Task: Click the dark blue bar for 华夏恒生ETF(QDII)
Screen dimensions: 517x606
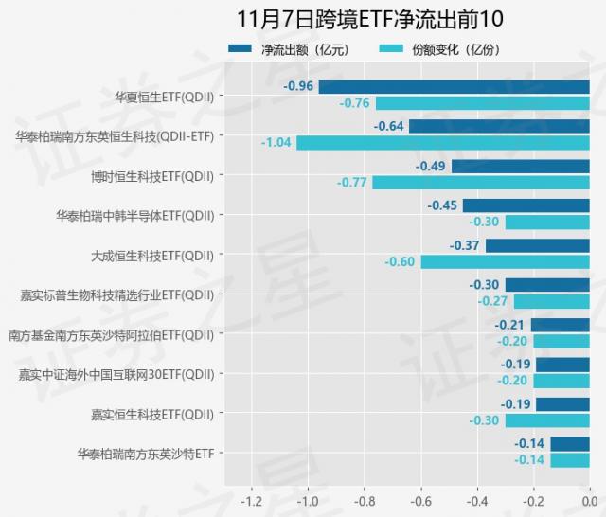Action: point(454,86)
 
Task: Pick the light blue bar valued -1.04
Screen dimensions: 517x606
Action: point(442,142)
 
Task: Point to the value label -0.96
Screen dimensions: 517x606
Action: point(298,86)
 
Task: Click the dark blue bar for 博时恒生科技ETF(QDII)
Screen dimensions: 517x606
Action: point(520,166)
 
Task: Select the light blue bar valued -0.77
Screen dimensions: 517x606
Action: point(480,182)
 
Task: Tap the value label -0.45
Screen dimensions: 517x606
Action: point(442,205)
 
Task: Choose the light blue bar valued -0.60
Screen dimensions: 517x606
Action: point(505,261)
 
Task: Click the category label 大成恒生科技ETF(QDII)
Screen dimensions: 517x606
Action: point(151,255)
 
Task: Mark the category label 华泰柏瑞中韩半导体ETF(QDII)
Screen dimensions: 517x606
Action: point(134,215)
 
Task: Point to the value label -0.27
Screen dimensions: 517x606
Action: point(492,301)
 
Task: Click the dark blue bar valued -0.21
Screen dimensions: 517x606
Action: point(560,325)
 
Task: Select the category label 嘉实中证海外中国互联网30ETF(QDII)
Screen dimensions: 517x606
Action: point(116,374)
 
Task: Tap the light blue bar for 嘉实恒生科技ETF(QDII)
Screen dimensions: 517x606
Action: point(546,420)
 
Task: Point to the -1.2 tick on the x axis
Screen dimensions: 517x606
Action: point(252,501)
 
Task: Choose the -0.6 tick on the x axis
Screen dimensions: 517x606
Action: point(420,501)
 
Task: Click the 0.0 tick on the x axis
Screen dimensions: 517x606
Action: point(588,501)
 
